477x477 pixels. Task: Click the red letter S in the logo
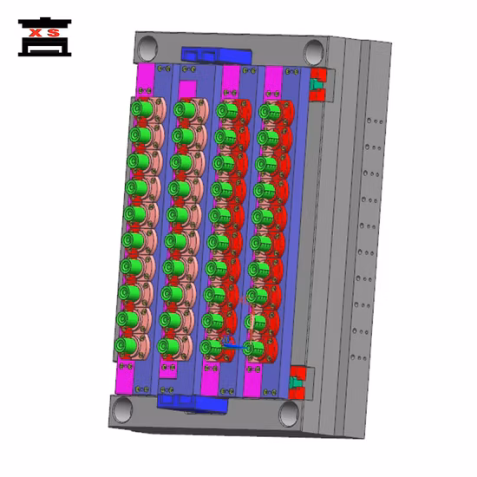click(x=55, y=34)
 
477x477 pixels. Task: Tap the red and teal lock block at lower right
click(x=298, y=380)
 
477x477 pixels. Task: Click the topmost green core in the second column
click(x=182, y=109)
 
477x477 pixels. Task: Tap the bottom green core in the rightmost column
click(x=252, y=348)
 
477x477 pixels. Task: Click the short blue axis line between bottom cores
click(x=230, y=347)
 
